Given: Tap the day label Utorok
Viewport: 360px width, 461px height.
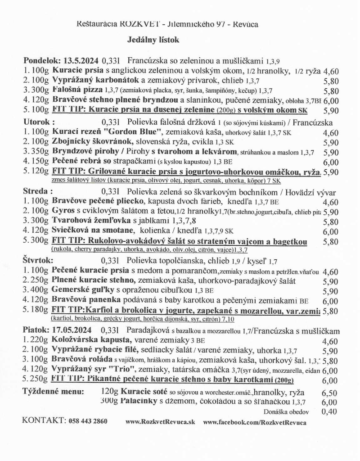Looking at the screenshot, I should coord(38,122).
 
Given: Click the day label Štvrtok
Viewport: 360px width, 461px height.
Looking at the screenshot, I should coord(38,260).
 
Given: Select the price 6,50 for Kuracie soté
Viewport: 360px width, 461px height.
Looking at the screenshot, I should coord(330,393).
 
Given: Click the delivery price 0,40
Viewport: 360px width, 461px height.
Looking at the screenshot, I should coord(330,411).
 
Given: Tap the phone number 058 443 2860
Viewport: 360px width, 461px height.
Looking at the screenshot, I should coord(89,422).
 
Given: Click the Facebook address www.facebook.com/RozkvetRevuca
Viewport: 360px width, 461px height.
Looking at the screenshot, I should coord(255,422).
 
